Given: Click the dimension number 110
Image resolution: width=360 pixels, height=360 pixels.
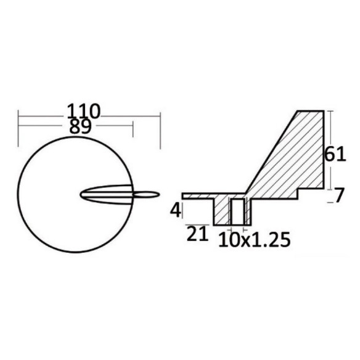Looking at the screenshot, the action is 84,112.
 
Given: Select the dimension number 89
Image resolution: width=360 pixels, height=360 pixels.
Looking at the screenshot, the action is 80,127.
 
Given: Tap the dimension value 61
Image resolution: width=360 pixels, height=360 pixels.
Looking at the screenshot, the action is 335,154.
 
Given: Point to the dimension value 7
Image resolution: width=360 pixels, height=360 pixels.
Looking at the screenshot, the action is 340,195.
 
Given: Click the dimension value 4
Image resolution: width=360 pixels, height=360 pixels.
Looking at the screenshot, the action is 176,210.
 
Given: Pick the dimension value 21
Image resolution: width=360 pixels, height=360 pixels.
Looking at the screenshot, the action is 197,234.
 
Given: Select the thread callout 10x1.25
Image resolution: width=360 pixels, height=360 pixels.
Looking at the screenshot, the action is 255,240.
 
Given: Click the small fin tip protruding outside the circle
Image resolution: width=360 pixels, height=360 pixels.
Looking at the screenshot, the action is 146,195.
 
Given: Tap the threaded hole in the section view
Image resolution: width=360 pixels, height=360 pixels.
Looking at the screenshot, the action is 237,211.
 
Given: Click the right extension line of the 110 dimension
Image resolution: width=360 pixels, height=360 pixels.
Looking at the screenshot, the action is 160,131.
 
